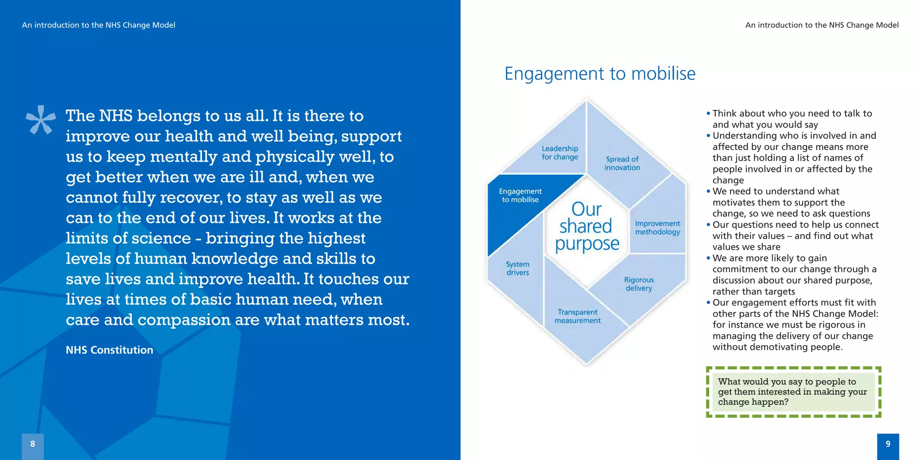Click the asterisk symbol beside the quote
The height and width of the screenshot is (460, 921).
[x=40, y=120]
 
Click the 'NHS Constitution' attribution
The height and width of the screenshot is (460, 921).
[x=109, y=350]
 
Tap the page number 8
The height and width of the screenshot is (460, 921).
[x=33, y=444]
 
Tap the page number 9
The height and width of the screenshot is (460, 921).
[x=888, y=444]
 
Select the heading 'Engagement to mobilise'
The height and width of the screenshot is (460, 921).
[x=599, y=74]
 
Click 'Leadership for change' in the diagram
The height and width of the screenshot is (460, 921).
[x=559, y=153]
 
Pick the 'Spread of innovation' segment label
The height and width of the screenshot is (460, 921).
[x=622, y=163]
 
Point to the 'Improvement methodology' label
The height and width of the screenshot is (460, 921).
[x=657, y=228]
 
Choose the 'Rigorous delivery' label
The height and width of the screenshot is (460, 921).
[x=639, y=284]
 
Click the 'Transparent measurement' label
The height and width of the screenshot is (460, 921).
[x=577, y=316]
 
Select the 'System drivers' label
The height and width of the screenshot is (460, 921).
[x=518, y=268]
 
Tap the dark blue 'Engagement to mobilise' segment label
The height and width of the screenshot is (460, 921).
[x=520, y=195]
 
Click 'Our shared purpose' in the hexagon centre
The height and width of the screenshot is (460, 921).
[x=586, y=227]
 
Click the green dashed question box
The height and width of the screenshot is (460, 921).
[x=793, y=392]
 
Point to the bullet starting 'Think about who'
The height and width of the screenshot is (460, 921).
[x=791, y=119]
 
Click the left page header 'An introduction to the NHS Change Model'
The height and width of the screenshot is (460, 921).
[x=98, y=25]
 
